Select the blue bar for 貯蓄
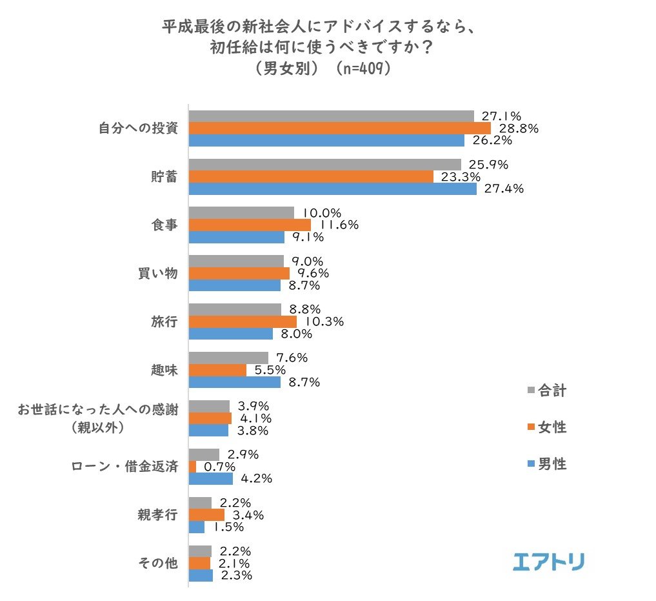click(x=332, y=188)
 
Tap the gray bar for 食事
click(x=241, y=212)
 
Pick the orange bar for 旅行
click(x=243, y=321)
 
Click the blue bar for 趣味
click(x=234, y=382)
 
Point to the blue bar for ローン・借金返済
click(x=210, y=479)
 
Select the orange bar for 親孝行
click(x=206, y=514)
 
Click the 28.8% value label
click(x=519, y=128)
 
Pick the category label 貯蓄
click(x=161, y=176)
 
